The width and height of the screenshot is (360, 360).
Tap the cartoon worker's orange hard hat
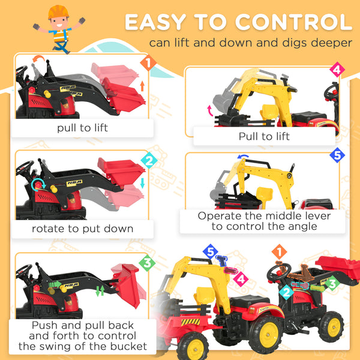[x=58, y=11]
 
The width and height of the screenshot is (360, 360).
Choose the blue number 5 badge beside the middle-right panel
[x=338, y=155]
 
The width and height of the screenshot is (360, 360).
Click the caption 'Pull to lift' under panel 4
[x=264, y=136]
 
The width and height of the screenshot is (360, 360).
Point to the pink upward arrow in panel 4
[x=209, y=110]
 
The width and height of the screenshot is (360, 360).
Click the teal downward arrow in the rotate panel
[x=142, y=182]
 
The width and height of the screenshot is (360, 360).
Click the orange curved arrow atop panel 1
[x=40, y=58]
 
